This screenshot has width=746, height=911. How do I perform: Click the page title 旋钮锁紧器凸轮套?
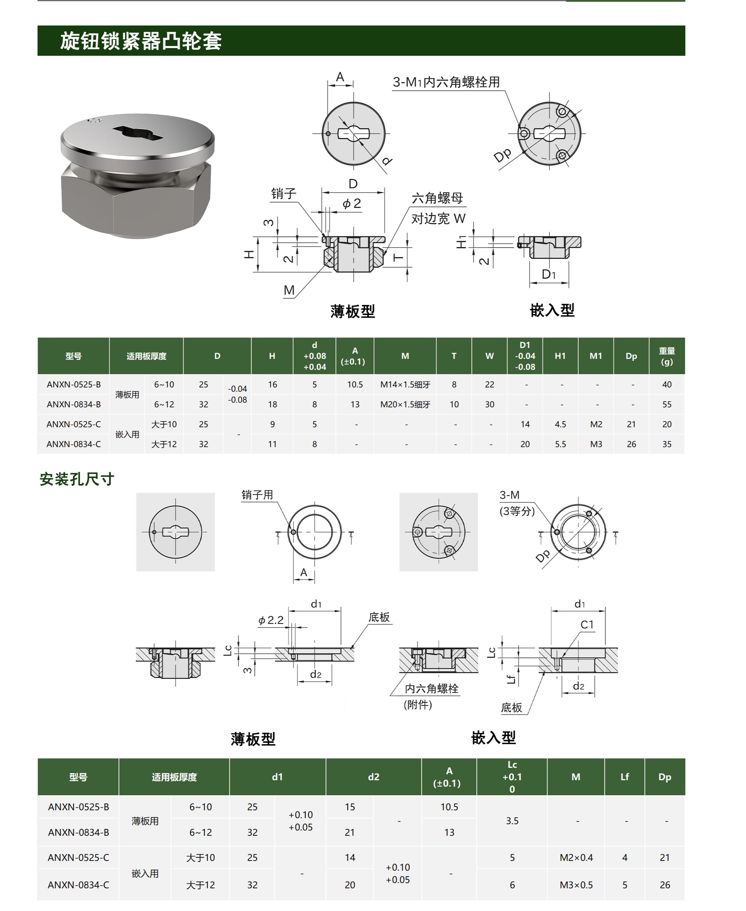click(141, 41)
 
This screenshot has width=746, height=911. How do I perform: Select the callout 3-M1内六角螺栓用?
click(446, 82)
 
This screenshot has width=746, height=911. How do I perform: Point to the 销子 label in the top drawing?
click(283, 194)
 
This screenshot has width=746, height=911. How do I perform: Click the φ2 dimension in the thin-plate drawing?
click(351, 204)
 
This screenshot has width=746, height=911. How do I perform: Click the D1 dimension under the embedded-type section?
click(549, 274)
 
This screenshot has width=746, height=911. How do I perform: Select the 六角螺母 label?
click(437, 198)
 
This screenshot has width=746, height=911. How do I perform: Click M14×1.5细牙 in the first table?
click(405, 384)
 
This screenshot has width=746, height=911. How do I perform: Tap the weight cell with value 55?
click(667, 404)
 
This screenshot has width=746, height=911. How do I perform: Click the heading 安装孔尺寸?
click(77, 479)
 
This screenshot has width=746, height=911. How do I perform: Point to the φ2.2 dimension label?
click(271, 620)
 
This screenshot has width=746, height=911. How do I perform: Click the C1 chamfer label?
click(587, 624)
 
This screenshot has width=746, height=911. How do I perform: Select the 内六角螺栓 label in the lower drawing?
click(432, 689)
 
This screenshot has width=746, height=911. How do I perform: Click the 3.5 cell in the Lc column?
click(512, 821)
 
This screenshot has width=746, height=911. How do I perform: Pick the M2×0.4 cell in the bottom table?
click(576, 858)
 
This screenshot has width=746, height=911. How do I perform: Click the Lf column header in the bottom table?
click(624, 777)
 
